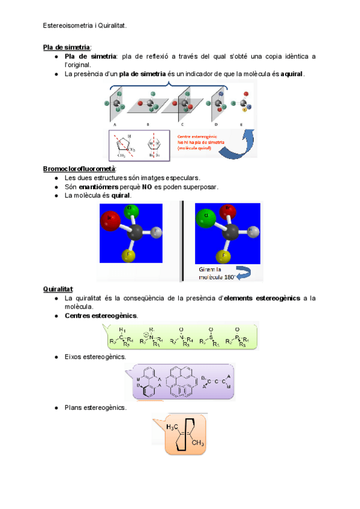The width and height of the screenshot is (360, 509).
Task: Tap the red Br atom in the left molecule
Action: [x=110, y=220]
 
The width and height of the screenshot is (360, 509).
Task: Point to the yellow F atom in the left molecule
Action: [x=128, y=256]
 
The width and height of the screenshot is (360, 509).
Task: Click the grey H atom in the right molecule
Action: [x=254, y=231]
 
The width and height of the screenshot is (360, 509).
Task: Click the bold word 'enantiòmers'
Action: [x=95, y=187]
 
